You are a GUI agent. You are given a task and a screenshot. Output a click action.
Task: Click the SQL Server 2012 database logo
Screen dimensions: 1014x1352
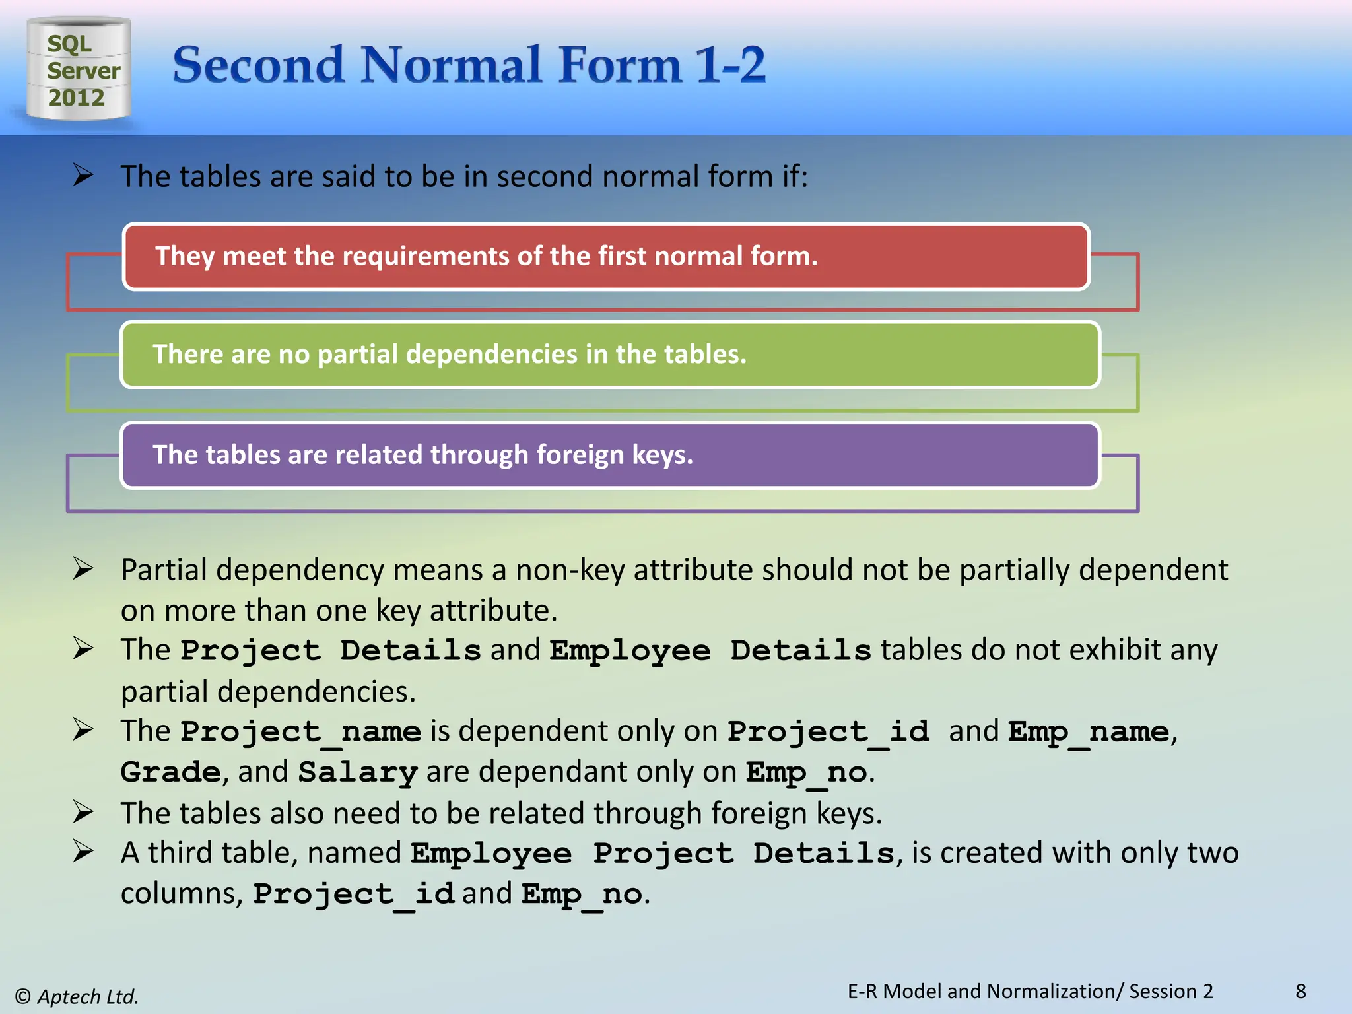(79, 69)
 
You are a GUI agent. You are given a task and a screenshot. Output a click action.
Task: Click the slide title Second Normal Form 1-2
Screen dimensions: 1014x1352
(469, 65)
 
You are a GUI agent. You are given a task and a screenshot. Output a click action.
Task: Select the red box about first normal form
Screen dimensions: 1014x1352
(605, 256)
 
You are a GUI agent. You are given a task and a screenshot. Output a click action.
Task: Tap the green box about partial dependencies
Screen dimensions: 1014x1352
(609, 355)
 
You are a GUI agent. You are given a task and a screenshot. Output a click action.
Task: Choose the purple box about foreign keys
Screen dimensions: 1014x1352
(609, 455)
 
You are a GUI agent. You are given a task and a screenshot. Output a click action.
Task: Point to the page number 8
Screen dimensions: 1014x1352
(1301, 991)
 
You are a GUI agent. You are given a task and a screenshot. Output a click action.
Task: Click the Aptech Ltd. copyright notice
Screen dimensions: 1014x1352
(77, 996)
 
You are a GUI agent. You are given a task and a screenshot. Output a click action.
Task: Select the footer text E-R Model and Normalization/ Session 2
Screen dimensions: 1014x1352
(1030, 991)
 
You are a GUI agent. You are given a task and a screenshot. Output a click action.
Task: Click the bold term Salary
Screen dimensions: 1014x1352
(357, 772)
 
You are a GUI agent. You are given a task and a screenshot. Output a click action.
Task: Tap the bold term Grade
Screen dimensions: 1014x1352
(170, 772)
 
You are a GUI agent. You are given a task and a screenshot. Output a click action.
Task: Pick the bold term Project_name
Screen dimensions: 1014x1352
(300, 731)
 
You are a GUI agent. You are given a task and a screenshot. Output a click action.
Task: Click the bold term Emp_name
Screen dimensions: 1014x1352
(1089, 731)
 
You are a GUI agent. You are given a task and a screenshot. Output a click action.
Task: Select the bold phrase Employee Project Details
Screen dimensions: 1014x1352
(652, 853)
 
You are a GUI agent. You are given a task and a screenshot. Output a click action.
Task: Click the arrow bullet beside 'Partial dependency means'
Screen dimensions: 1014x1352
(83, 568)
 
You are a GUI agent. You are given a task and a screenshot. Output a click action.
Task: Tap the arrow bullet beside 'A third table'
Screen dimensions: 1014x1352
(83, 852)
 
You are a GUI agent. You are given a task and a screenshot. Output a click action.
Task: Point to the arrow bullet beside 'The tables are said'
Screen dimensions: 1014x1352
(83, 176)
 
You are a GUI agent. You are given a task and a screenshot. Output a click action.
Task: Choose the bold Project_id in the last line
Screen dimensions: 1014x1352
(354, 894)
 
